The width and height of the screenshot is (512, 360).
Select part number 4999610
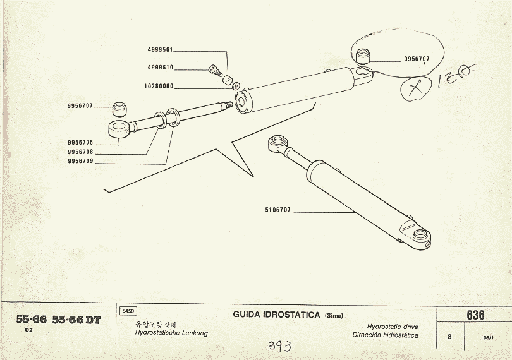pyautogui.click(x=160, y=68)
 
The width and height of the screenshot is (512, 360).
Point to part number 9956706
pyautogui.click(x=80, y=143)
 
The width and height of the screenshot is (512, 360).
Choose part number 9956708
pyautogui.click(x=80, y=152)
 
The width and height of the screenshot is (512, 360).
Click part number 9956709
pyautogui.click(x=80, y=161)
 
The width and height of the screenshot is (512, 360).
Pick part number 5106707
pyautogui.click(x=277, y=210)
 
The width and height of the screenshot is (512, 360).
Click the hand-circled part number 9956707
pyautogui.click(x=417, y=59)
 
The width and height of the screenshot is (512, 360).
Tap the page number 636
pyautogui.click(x=475, y=315)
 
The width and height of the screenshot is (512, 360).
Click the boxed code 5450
pyautogui.click(x=126, y=311)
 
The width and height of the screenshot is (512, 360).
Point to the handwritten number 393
pyautogui.click(x=280, y=346)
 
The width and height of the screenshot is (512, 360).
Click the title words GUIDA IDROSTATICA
pyautogui.click(x=276, y=314)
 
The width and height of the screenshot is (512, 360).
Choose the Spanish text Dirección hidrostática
pyautogui.click(x=385, y=335)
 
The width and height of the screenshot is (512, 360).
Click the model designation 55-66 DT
pyautogui.click(x=76, y=320)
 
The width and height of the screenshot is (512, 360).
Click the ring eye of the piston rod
pyautogui.click(x=119, y=129)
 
